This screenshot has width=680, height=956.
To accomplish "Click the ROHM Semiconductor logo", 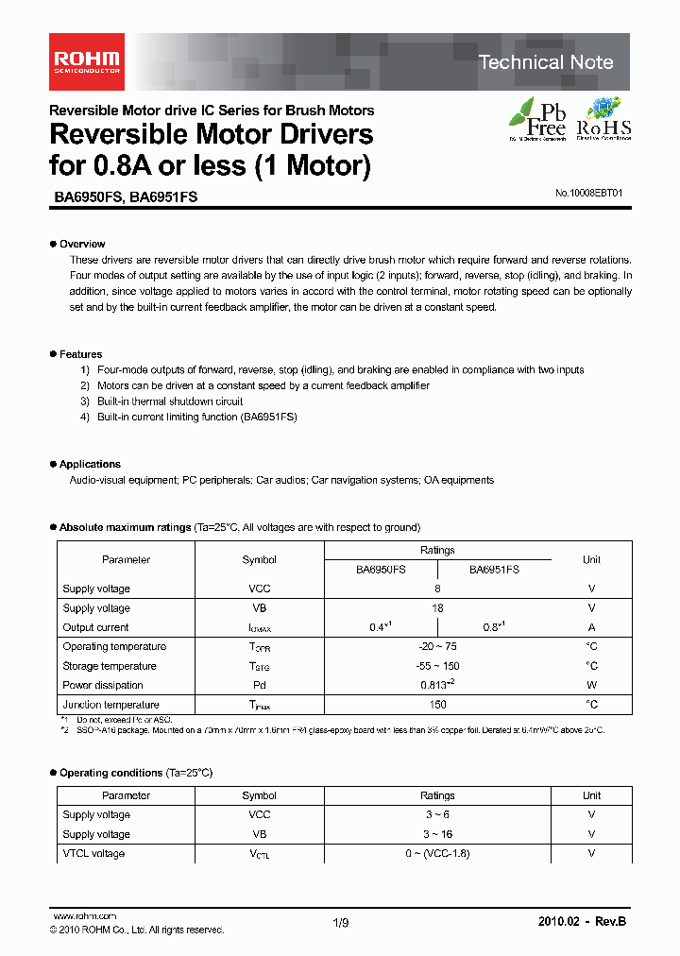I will [x=85, y=62].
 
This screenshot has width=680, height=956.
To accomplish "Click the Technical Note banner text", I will [x=545, y=62].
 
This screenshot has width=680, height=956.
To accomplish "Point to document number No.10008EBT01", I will [x=589, y=193].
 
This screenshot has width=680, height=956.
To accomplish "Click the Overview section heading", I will [x=81, y=244].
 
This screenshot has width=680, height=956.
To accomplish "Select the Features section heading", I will [x=80, y=354].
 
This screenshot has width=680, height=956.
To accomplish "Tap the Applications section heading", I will [x=90, y=464].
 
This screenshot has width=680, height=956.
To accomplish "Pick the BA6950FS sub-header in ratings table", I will [x=381, y=570].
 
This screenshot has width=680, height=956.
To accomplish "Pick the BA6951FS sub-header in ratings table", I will [x=494, y=570].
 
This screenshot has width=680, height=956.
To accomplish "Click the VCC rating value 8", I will [x=437, y=589].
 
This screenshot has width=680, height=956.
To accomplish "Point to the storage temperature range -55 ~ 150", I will [x=437, y=666].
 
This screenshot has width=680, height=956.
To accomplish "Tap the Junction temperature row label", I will [x=111, y=705].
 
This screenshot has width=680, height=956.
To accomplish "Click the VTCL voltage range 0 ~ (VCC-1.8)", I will [x=437, y=854].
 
